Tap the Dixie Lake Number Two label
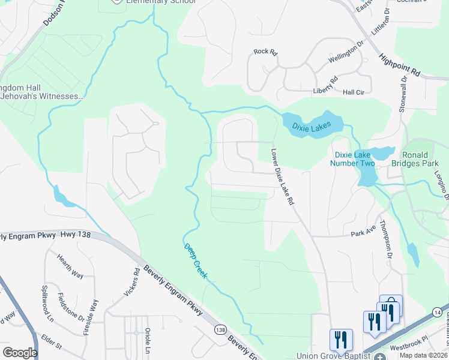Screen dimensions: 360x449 (x=354, y=159)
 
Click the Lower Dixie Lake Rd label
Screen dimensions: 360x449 (x=282, y=178)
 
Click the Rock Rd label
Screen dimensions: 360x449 (x=265, y=52)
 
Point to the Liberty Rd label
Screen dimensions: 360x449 (x=325, y=84)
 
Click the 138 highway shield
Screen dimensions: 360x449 (x=220, y=329)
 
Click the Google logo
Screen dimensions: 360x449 (x=20, y=352)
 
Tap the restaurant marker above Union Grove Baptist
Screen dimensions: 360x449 (x=341, y=339)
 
